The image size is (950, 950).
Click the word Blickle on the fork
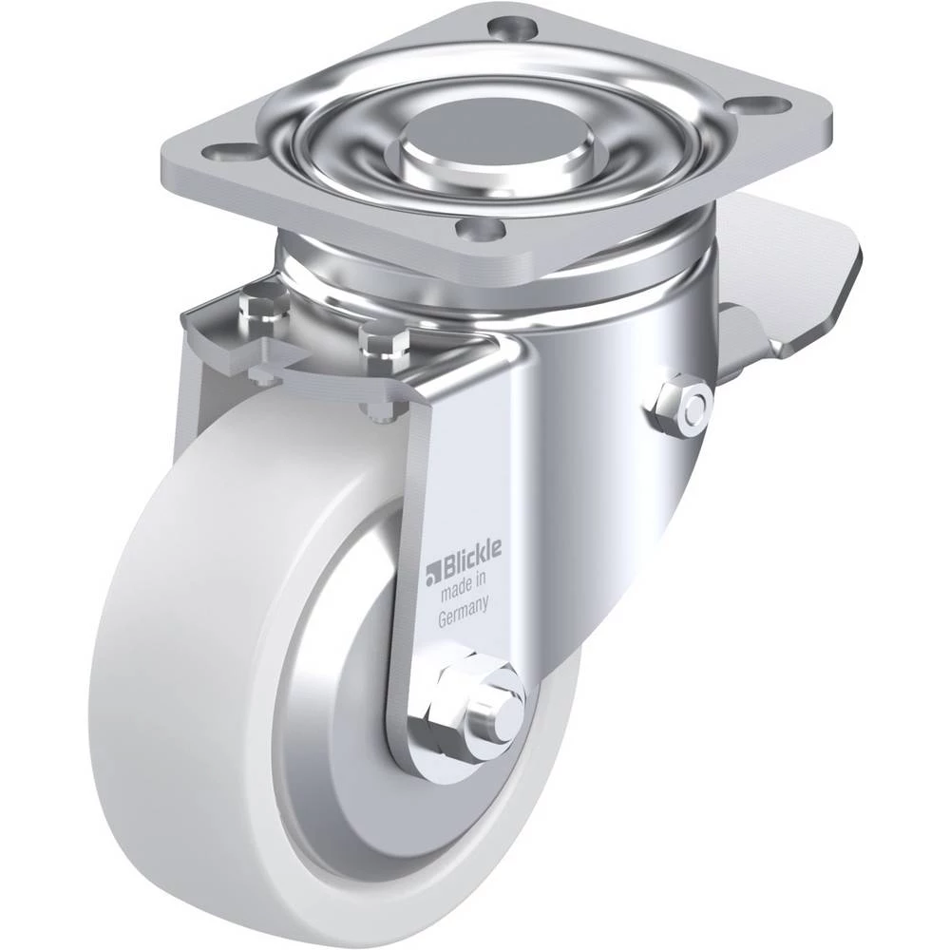[x=471, y=553]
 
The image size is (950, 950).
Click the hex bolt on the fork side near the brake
[x=680, y=408]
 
